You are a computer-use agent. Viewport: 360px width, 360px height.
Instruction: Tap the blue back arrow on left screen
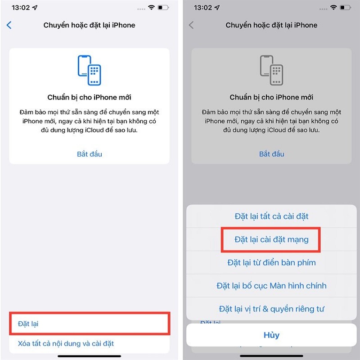click(x=9, y=25)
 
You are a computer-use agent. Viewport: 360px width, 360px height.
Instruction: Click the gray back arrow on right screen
click(x=191, y=25)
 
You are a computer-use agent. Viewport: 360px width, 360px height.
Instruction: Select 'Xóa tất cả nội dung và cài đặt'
click(x=66, y=343)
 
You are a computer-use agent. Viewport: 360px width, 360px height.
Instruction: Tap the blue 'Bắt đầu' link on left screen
click(x=90, y=154)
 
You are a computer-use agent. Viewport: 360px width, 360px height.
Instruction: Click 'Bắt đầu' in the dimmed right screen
click(x=272, y=154)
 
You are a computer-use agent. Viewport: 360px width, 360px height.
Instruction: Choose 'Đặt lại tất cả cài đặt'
click(x=271, y=216)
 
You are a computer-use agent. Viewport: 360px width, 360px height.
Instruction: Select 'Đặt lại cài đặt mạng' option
click(x=271, y=239)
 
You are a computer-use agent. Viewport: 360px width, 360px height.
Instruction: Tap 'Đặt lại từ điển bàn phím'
click(x=271, y=262)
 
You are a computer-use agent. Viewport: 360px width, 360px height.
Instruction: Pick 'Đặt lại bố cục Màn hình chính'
click(x=271, y=286)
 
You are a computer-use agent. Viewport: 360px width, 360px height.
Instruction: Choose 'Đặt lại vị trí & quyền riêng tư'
click(x=271, y=309)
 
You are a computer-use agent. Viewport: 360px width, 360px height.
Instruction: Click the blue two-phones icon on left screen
click(x=90, y=70)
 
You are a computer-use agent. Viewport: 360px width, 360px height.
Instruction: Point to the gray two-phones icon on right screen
click(x=272, y=70)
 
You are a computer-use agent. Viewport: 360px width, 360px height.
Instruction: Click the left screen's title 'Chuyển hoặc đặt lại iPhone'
click(x=89, y=25)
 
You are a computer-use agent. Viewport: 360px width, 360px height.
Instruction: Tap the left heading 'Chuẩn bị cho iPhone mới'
click(x=90, y=97)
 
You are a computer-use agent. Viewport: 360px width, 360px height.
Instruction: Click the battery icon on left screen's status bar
click(x=163, y=8)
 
